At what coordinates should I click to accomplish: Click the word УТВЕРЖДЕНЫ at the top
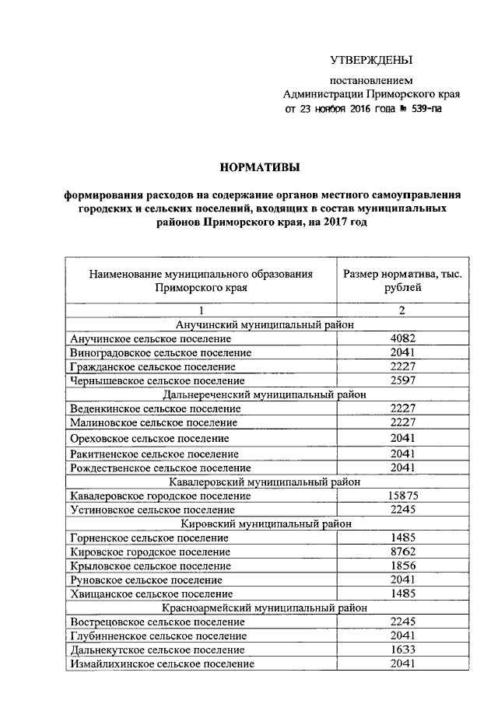click(370, 60)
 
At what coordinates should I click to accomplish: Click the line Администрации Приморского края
click(371, 94)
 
